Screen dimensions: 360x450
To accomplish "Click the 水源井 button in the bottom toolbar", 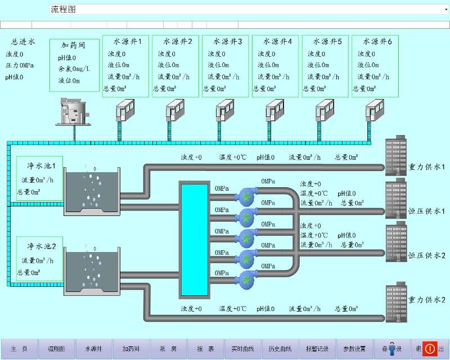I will point(93,349).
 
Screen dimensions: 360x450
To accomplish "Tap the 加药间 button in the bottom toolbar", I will point(131,349).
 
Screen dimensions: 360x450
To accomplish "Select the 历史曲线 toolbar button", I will point(280,349).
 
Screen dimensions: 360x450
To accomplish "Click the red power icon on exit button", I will point(429,349).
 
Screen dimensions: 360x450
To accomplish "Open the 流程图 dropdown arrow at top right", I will point(446,9).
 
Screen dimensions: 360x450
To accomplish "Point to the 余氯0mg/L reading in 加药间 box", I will point(74,69).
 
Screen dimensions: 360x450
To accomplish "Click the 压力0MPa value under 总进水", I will point(20,66).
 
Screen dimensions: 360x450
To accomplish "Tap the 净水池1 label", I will point(40,166).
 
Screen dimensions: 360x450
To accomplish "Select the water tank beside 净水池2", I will point(92,272).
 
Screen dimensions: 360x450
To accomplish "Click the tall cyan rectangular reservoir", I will point(193,239).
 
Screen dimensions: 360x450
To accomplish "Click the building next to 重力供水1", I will point(396,154).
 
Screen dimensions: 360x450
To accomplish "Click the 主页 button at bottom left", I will point(19,349).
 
